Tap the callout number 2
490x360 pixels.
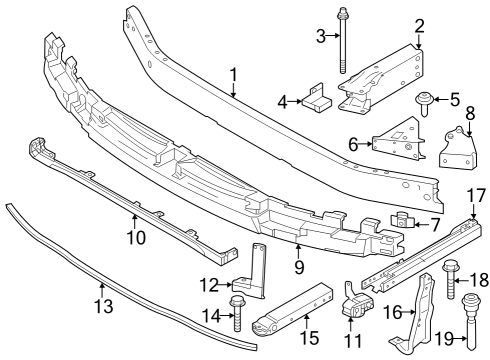coord(420,26)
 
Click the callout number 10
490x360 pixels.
coord(136,237)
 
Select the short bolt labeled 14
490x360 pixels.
coord(238,313)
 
